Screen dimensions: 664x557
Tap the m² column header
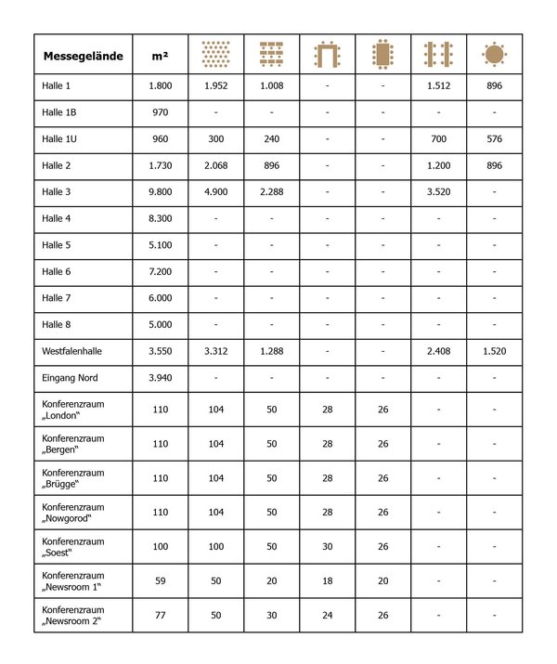tap(159, 57)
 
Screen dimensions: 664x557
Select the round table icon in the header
tap(494, 55)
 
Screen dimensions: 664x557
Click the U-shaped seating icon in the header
tap(327, 55)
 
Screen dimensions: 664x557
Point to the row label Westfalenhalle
tap(75, 352)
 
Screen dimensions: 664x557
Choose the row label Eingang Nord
tap(70, 378)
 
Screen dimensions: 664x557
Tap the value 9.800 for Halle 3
tap(160, 192)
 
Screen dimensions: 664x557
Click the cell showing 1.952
tap(215, 86)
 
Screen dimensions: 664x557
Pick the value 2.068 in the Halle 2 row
tap(215, 165)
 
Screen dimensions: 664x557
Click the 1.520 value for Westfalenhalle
tap(494, 352)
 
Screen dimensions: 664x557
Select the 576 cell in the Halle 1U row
tap(494, 139)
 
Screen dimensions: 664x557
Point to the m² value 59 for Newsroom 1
tap(160, 580)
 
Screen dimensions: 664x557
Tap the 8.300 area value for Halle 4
tap(160, 218)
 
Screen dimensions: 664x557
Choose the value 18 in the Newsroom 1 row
tap(327, 580)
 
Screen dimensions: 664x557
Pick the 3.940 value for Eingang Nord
tap(160, 378)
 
